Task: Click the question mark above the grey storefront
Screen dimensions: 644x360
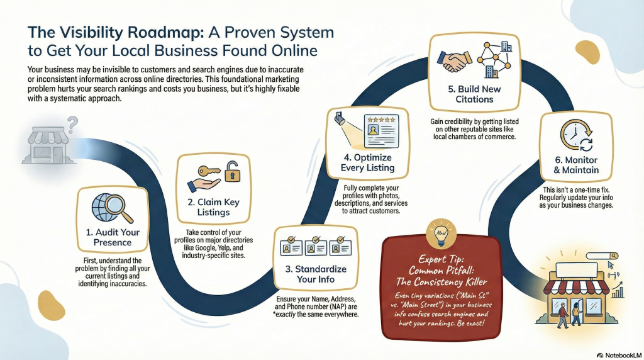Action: (73, 125)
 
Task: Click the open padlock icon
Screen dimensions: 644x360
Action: (232, 172)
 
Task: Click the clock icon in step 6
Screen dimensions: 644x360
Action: (575, 135)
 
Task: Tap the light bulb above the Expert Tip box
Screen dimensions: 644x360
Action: (441, 234)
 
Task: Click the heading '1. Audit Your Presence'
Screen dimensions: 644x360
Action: (113, 237)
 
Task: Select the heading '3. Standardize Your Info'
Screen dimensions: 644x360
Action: (316, 274)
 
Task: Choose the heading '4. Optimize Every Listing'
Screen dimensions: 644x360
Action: (367, 162)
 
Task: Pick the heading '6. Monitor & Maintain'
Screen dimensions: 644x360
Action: (576, 165)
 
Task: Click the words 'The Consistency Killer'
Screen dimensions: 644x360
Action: (441, 282)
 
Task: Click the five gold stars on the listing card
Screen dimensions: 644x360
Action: (382, 120)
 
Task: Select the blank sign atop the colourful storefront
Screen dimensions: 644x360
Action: (576, 270)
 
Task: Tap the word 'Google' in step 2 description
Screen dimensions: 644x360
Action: (205, 248)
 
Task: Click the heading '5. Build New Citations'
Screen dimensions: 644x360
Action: (474, 94)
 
